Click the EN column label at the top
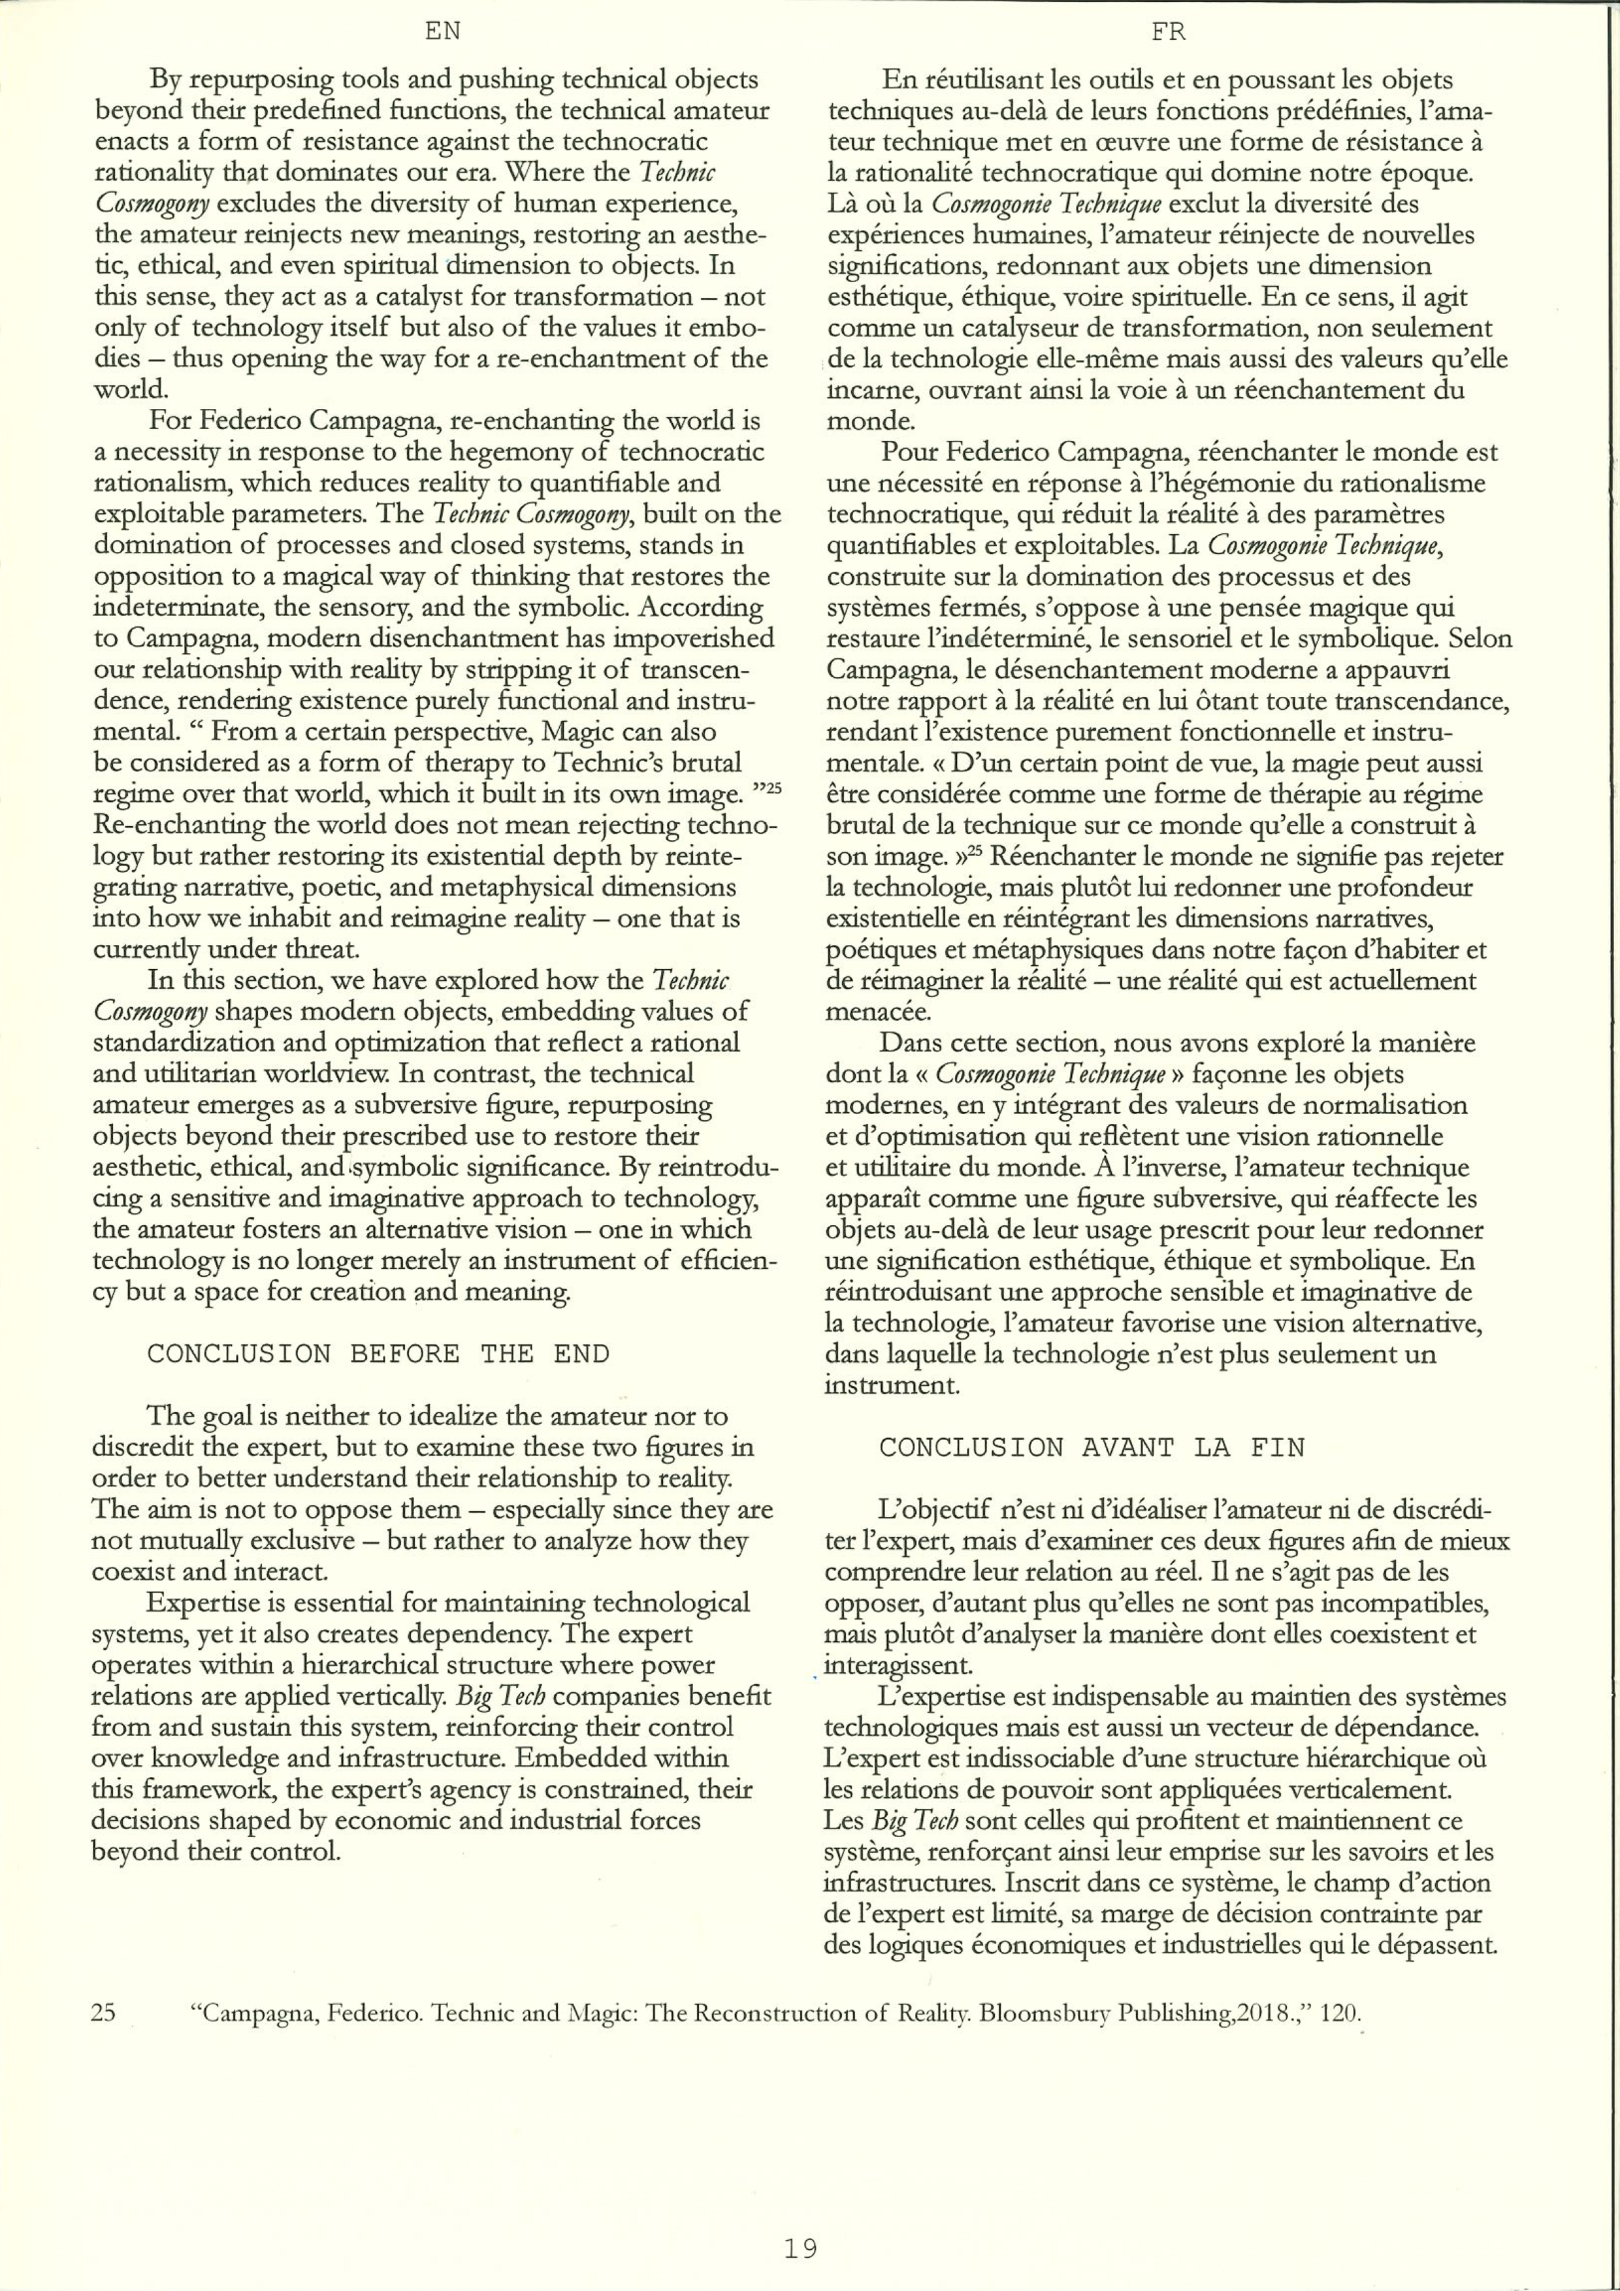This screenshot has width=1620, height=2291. point(442,32)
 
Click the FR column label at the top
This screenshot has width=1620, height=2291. point(1168,32)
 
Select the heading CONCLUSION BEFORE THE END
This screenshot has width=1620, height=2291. point(378,1354)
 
